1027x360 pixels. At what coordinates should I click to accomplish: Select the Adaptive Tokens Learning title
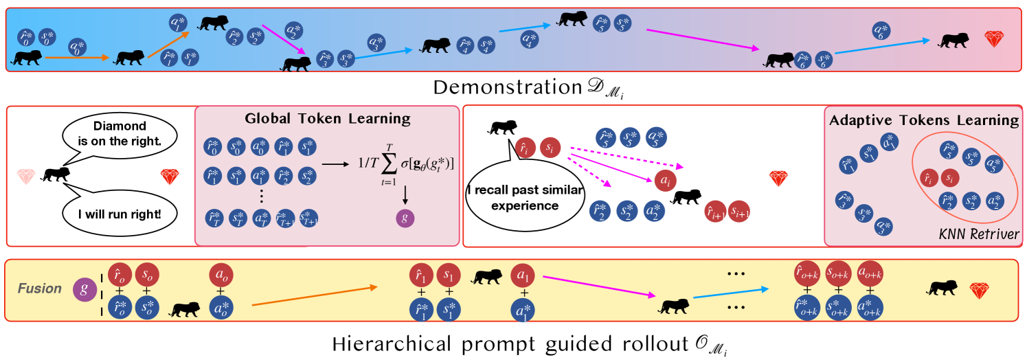[x=924, y=120]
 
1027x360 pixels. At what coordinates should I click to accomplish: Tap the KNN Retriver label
[x=980, y=234]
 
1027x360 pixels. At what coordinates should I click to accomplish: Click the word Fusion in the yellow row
[x=40, y=289]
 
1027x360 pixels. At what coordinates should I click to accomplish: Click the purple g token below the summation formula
[x=405, y=218]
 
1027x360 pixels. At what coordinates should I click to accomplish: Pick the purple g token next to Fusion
[x=84, y=289]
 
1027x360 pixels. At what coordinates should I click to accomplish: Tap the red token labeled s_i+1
[x=740, y=212]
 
